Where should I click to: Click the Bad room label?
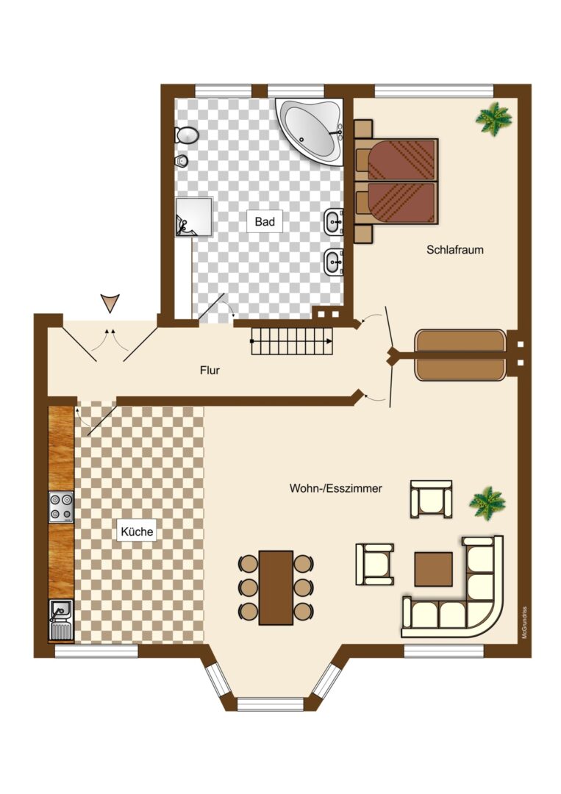click(265, 221)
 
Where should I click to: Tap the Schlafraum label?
click(454, 250)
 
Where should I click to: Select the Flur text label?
click(210, 370)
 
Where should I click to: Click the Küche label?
click(137, 532)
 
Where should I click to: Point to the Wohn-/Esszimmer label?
click(336, 489)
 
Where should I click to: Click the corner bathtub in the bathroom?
click(310, 131)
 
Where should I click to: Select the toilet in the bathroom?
click(186, 135)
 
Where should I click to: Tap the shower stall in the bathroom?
click(193, 217)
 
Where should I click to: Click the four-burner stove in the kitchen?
click(61, 507)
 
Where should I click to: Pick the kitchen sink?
click(61, 619)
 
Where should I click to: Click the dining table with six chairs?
click(276, 587)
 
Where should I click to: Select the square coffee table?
click(433, 569)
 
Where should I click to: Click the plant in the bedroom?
click(493, 118)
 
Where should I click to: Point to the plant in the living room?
click(487, 504)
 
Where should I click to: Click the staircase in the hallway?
click(293, 341)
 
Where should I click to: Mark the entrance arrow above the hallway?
click(110, 303)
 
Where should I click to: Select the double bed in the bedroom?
click(396, 181)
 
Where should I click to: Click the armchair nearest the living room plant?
click(431, 498)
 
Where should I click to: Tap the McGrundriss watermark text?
click(524, 623)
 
